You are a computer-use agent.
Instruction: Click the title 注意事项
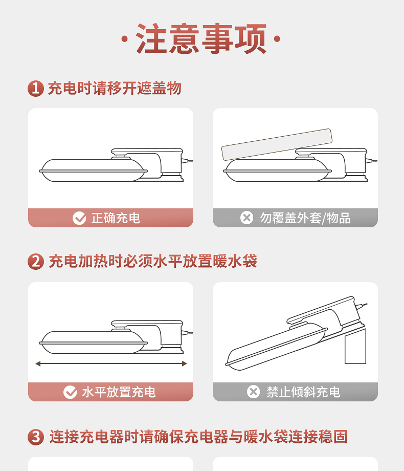point(201,38)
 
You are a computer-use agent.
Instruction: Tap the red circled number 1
point(36,89)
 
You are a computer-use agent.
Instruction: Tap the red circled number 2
point(36,261)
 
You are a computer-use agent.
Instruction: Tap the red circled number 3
point(36,437)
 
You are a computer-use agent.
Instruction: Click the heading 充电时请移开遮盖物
point(115,88)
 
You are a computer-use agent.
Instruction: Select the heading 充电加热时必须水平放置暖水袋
point(153,261)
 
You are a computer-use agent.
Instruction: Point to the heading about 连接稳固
point(198,437)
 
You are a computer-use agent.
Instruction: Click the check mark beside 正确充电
point(79,218)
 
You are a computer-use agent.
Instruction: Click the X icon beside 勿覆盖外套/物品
point(246,218)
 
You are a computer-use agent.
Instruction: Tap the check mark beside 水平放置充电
point(70,392)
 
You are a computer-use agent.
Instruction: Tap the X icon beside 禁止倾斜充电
point(253,392)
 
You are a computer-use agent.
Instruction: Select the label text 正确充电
point(116,218)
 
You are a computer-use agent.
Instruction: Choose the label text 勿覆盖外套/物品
point(305,218)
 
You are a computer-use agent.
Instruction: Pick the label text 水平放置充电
point(119,392)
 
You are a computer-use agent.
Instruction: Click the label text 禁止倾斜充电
point(303,392)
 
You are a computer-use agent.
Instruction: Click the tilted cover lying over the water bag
point(277,144)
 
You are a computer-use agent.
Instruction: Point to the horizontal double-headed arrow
point(111,364)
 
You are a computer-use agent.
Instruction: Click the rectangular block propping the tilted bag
point(355,346)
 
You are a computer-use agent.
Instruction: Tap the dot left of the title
point(124,39)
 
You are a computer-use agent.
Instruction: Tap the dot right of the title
point(277,39)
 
